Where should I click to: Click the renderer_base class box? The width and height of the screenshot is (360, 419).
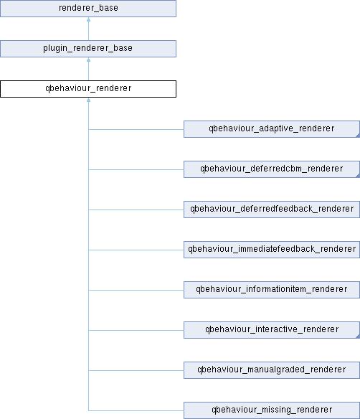[x=88, y=9]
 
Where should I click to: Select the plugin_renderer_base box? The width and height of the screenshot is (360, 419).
[x=88, y=49]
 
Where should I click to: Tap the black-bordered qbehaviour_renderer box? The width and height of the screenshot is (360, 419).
[x=88, y=89]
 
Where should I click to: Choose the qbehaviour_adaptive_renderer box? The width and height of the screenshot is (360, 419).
[x=272, y=129]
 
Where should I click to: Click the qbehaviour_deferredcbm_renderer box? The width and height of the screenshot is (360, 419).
[x=272, y=169]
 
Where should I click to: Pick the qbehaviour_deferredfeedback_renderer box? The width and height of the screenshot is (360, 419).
[x=272, y=209]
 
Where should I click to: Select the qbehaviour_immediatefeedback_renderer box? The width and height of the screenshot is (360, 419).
[x=272, y=250]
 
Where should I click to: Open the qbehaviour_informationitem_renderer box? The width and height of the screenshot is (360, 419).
[x=272, y=290]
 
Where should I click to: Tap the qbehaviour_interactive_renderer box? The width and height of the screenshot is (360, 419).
[x=272, y=330]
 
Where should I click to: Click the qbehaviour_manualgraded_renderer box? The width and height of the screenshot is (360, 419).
[x=272, y=370]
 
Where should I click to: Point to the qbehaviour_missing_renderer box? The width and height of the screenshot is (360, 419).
[x=272, y=410]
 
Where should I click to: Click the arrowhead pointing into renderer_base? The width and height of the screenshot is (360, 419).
[x=88, y=19]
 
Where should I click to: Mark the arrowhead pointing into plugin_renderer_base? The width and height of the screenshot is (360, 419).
[x=88, y=60]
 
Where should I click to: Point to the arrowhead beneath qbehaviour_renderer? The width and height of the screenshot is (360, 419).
[x=88, y=100]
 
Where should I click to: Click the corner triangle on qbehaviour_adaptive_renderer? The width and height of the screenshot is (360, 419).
[x=358, y=136]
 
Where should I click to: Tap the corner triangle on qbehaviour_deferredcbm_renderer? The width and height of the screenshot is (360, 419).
[x=358, y=176]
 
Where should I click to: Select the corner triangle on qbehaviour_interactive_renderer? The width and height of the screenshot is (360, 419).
[x=358, y=336]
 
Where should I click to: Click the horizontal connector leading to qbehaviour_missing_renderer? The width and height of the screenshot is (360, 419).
[x=136, y=410]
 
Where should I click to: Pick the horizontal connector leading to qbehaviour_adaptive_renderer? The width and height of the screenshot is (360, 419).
[x=136, y=129]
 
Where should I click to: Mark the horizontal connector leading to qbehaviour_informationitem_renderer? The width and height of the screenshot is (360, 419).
[x=136, y=290]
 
